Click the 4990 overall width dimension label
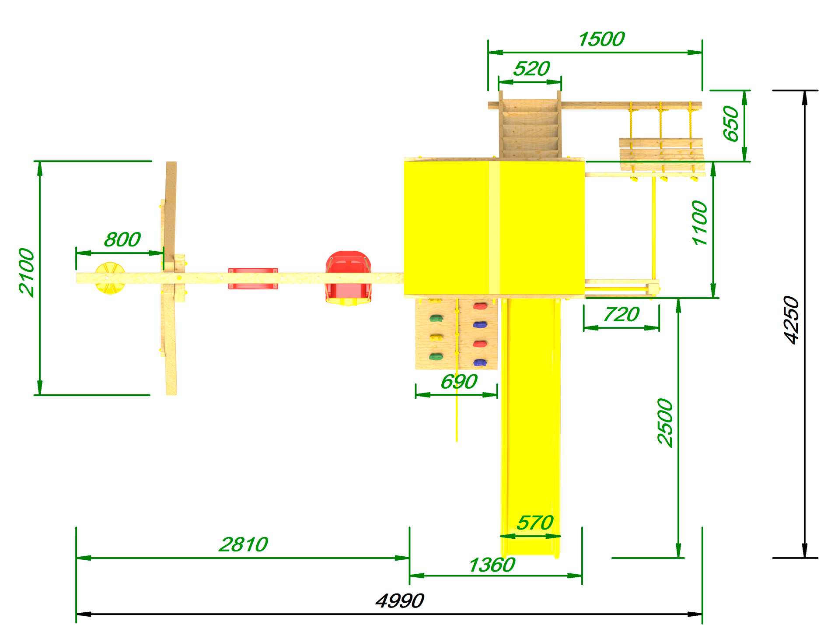(400, 601)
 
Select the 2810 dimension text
(244, 545)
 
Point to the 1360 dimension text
(492, 565)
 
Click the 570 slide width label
(535, 523)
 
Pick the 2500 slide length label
(665, 422)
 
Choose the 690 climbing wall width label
(459, 382)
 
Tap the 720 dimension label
(622, 315)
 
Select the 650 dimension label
(731, 124)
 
